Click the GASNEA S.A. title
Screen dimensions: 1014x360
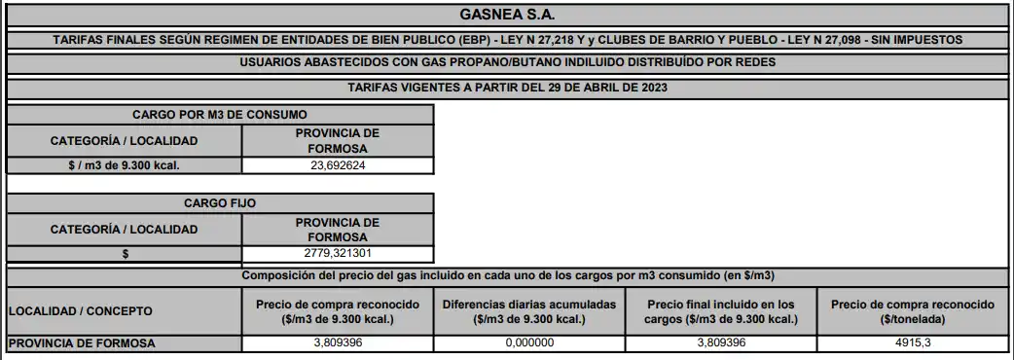pyautogui.click(x=506, y=15)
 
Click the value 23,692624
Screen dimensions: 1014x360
pyautogui.click(x=337, y=165)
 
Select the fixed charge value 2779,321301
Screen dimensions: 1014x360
pyautogui.click(x=337, y=254)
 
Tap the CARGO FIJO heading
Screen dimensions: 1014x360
pyautogui.click(x=220, y=203)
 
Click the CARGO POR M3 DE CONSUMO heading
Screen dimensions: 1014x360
pyautogui.click(x=220, y=114)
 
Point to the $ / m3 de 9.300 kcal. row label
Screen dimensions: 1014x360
pyautogui.click(x=124, y=165)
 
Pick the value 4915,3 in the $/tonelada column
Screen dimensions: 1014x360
pyautogui.click(x=911, y=342)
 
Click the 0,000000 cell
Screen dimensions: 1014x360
pyautogui.click(x=529, y=342)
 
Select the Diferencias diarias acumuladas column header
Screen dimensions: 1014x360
pyautogui.click(x=529, y=311)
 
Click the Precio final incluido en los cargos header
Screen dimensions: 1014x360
pyautogui.click(x=721, y=311)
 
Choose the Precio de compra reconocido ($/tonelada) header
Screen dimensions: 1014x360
pyautogui.click(x=911, y=311)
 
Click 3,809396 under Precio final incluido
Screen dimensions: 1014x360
pyautogui.click(x=721, y=342)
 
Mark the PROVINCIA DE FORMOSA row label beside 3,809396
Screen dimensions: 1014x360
pyautogui.click(x=81, y=342)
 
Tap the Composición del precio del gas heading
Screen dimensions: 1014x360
pyautogui.click(x=507, y=275)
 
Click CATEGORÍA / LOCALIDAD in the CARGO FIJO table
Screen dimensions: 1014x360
pyautogui.click(x=124, y=230)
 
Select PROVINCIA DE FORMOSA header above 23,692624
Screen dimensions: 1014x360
pyautogui.click(x=337, y=140)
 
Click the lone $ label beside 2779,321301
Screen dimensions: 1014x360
pyautogui.click(x=124, y=254)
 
